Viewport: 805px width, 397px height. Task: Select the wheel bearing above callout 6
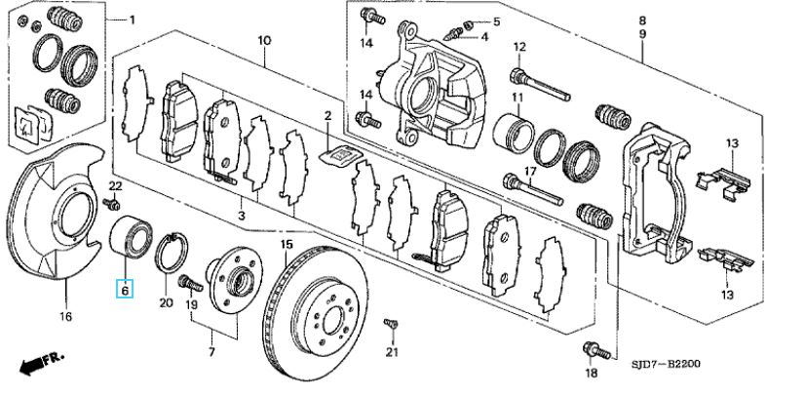pos(131,236)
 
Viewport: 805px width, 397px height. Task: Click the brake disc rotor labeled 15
pos(315,313)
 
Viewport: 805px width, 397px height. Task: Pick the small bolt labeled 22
pos(111,204)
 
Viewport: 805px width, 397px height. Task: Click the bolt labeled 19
pos(190,283)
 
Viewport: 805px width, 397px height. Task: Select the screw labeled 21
pos(391,324)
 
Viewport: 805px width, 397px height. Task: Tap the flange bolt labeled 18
pos(596,350)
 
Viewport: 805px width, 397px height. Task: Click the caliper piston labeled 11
pos(514,134)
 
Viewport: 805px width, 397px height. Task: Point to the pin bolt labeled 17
pos(533,189)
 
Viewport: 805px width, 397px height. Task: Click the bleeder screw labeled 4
pos(453,34)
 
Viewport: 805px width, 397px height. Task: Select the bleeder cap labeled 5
pos(467,24)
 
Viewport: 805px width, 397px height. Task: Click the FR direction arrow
pos(41,363)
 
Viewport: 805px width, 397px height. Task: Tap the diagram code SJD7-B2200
pos(666,365)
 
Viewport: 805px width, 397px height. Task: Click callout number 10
pos(264,40)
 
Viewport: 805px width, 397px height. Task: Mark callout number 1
pos(132,20)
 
